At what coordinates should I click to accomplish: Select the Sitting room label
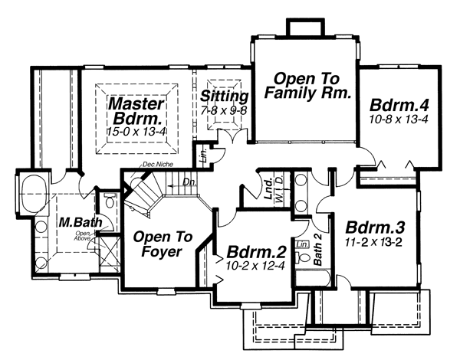pos(224,97)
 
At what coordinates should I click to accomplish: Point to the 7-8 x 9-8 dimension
pos(224,111)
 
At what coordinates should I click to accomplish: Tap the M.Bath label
pos(75,223)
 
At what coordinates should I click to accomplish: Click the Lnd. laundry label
pos(269,188)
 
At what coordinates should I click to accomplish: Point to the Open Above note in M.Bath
pos(84,236)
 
